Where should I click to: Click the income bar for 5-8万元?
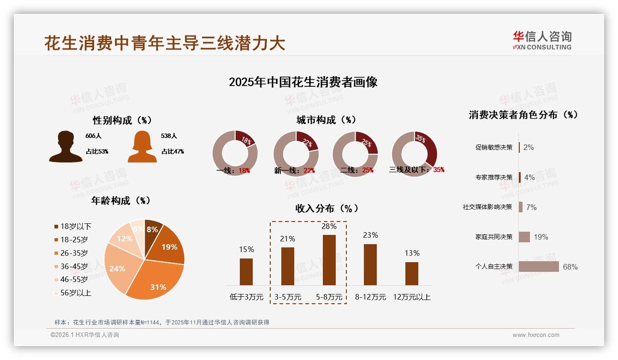[x=329, y=260]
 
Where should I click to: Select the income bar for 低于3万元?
[x=246, y=271]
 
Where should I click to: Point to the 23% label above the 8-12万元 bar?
[x=370, y=235]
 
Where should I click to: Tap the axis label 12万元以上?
[x=411, y=297]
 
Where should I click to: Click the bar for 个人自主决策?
[x=538, y=267]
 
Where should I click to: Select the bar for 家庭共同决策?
[x=524, y=237]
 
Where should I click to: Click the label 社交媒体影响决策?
[x=487, y=207]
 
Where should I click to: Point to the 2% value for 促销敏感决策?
[x=529, y=147]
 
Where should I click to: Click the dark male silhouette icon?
[x=65, y=147]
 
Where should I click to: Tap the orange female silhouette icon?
[x=142, y=147]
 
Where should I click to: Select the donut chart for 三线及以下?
[x=414, y=153]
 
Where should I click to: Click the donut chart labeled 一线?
[x=235, y=153]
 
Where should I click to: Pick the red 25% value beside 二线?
[x=368, y=170]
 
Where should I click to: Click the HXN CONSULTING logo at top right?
[x=542, y=40]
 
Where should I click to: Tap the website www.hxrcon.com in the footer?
[x=536, y=335]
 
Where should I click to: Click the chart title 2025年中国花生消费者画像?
[x=303, y=82]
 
